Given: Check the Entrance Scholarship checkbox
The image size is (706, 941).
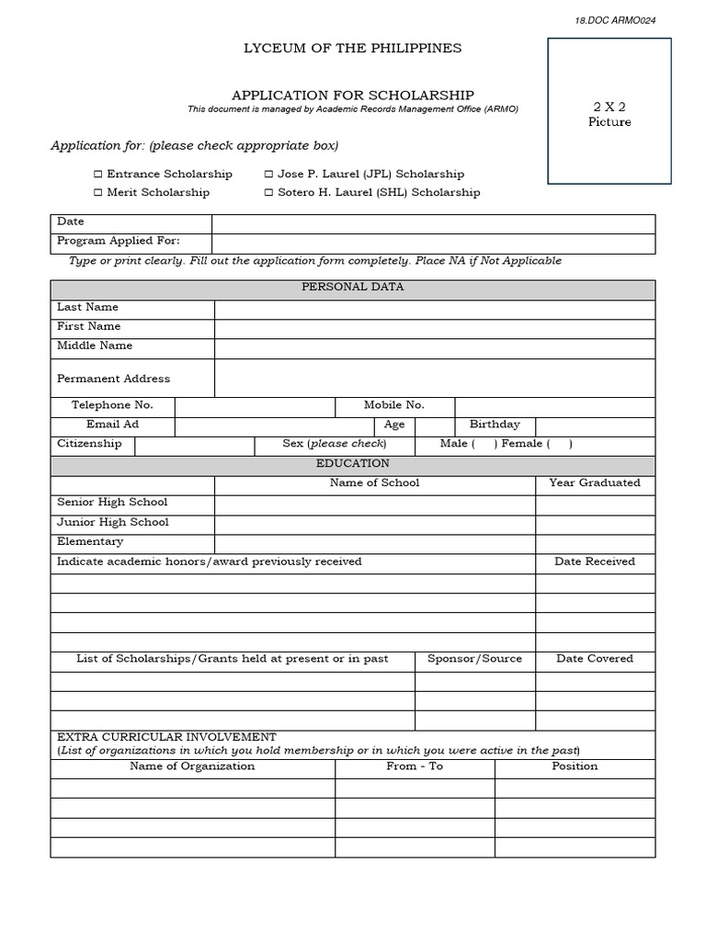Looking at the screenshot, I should (97, 175).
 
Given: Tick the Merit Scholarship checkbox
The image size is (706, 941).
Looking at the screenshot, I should (97, 193).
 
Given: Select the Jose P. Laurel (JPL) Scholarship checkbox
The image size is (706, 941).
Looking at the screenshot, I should (268, 175).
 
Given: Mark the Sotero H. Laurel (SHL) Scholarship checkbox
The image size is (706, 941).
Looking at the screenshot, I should (268, 193).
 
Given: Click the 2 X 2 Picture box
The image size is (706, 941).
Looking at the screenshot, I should (609, 111).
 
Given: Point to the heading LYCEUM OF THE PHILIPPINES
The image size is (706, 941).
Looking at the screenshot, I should (353, 48).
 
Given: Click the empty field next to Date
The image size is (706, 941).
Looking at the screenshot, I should (433, 224).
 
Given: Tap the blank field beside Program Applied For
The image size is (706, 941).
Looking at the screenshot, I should (433, 244).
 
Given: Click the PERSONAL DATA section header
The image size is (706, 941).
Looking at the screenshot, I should (353, 288).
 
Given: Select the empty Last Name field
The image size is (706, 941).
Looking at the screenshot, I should (434, 310).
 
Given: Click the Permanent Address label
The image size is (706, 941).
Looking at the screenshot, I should (113, 379).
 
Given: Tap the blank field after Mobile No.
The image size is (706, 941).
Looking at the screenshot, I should (554, 407).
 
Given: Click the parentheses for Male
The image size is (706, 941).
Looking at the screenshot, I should (484, 445).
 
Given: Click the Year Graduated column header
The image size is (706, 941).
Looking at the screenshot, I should (595, 483).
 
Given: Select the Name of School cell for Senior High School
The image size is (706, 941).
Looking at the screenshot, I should (375, 505).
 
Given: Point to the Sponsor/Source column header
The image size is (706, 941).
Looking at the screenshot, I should (474, 659).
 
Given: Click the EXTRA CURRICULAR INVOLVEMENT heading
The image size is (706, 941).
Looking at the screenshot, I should (166, 737).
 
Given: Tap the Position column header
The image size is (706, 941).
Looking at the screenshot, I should (575, 766).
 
